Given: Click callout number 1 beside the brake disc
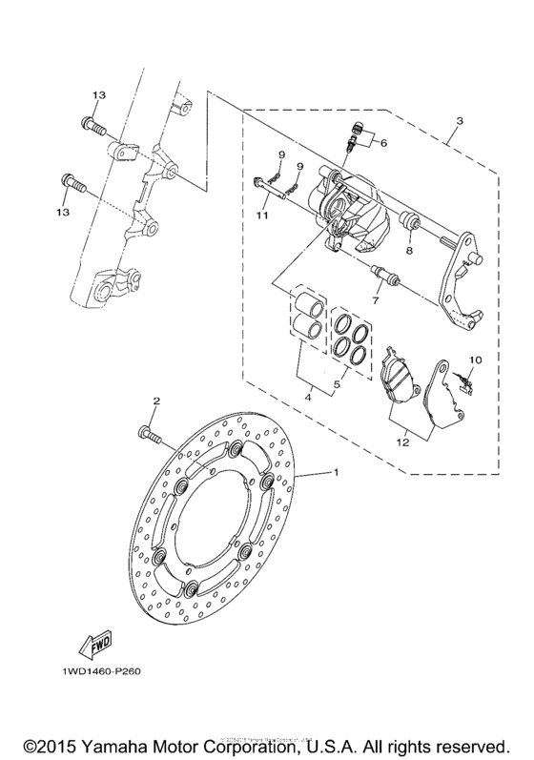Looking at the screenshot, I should pos(334,473).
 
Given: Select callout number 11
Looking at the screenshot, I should pos(262,216).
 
